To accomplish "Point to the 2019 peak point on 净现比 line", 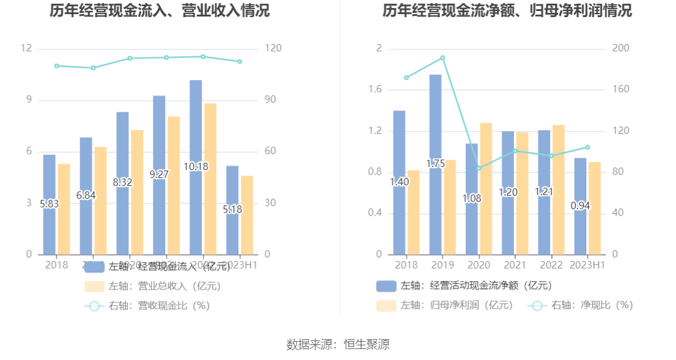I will point(443,58).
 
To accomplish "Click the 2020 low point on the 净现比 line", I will point(479,168).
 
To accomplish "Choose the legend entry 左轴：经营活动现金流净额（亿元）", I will point(465,285).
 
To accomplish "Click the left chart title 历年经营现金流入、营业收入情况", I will point(160,11).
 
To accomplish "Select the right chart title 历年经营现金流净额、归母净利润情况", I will point(507,11).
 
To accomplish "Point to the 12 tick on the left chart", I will point(26,49).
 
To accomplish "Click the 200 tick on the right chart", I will point(621,49).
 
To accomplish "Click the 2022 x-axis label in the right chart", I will point(551,265).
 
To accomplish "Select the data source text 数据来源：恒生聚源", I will point(338,344).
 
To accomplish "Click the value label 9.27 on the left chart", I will point(159,174).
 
